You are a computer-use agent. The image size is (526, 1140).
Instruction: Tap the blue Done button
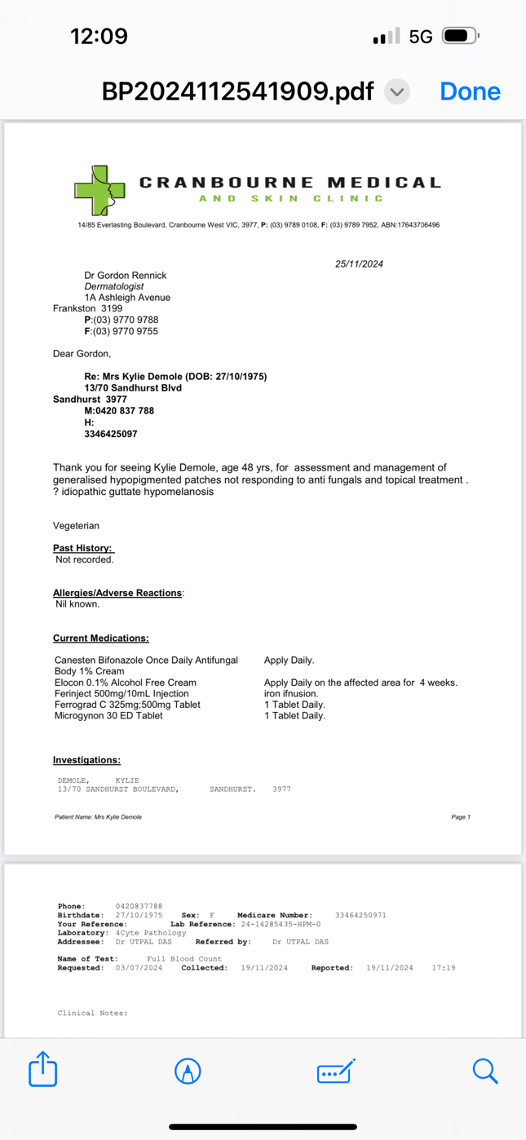pyautogui.click(x=470, y=91)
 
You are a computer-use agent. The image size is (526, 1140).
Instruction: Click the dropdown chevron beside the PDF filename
pyautogui.click(x=397, y=91)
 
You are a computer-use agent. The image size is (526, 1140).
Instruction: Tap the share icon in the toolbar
pyautogui.click(x=43, y=1069)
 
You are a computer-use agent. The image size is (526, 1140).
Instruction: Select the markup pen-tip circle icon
pyautogui.click(x=188, y=1071)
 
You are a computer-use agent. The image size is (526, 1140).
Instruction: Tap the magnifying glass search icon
pyautogui.click(x=485, y=1070)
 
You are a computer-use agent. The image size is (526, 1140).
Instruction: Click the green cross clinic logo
pyautogui.click(x=99, y=191)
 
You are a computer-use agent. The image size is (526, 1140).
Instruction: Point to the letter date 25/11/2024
pyautogui.click(x=359, y=264)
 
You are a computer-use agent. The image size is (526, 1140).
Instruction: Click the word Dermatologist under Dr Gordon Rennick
pyautogui.click(x=114, y=287)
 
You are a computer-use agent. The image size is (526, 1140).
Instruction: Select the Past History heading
pyautogui.click(x=82, y=548)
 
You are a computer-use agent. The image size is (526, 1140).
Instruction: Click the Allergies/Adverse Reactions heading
pyautogui.click(x=117, y=593)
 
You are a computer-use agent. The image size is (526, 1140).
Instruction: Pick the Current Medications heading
pyautogui.click(x=101, y=638)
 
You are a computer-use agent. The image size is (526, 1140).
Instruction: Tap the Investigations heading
pyautogui.click(x=86, y=760)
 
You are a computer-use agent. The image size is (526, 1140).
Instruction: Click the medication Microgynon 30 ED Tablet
pyautogui.click(x=108, y=716)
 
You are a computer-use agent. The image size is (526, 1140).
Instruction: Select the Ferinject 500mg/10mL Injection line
pyautogui.click(x=122, y=694)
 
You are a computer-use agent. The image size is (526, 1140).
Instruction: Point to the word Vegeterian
pyautogui.click(x=76, y=526)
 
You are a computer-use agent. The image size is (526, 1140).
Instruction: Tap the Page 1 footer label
pyautogui.click(x=461, y=817)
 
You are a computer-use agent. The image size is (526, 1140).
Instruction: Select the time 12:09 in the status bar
pyautogui.click(x=99, y=36)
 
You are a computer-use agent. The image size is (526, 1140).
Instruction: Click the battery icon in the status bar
pyautogui.click(x=460, y=36)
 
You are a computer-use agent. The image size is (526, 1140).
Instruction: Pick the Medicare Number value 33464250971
pyautogui.click(x=360, y=916)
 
